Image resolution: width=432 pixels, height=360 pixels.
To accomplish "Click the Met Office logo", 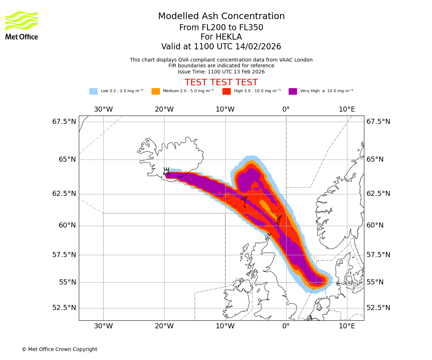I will pyautogui.click(x=22, y=25).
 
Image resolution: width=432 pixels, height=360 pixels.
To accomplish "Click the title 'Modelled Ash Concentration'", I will pyautogui.click(x=221, y=17).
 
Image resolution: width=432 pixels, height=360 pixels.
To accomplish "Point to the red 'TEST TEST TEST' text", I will pyautogui.click(x=221, y=82).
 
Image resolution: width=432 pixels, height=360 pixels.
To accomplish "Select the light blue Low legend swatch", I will pyautogui.click(x=93, y=91).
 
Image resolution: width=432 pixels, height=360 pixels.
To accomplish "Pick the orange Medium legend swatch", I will pyautogui.click(x=156, y=91).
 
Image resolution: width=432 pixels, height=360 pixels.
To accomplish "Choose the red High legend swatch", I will pyautogui.click(x=226, y=91).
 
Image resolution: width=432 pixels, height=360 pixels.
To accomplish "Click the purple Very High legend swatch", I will pyautogui.click(x=293, y=91).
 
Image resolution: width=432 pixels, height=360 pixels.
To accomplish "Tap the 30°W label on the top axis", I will pyautogui.click(x=103, y=109).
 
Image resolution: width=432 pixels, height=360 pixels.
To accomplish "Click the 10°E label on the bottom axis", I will pyautogui.click(x=347, y=327).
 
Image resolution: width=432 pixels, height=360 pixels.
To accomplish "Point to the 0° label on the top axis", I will pyautogui.click(x=286, y=109).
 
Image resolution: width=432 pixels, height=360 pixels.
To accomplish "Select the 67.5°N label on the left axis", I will pyautogui.click(x=64, y=122).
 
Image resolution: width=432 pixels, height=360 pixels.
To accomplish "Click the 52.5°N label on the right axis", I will pyautogui.click(x=378, y=308).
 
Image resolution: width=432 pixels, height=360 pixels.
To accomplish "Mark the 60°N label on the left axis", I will pyautogui.click(x=67, y=226).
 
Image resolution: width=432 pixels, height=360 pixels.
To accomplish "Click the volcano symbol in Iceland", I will pyautogui.click(x=166, y=171).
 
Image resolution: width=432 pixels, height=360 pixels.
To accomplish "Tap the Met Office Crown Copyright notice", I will pyautogui.click(x=59, y=350).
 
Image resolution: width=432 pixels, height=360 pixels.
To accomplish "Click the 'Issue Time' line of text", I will pyautogui.click(x=221, y=72).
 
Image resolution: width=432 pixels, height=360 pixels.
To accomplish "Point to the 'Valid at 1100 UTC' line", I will pyautogui.click(x=221, y=47).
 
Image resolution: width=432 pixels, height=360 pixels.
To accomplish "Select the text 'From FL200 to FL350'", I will pyautogui.click(x=221, y=28).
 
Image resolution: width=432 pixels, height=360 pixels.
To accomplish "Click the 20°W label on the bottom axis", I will pyautogui.click(x=164, y=327).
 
